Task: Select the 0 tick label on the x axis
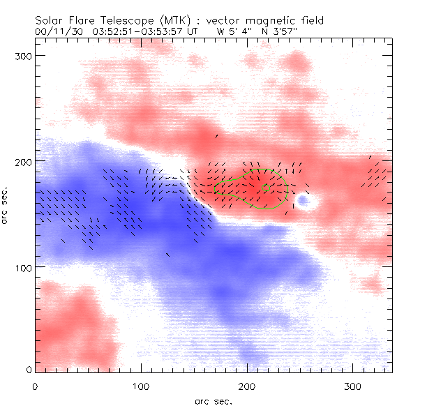[35, 385]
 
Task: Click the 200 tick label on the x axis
[248, 385]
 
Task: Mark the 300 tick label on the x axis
[354, 385]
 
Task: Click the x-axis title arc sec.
[213, 401]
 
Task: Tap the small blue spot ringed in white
[304, 201]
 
